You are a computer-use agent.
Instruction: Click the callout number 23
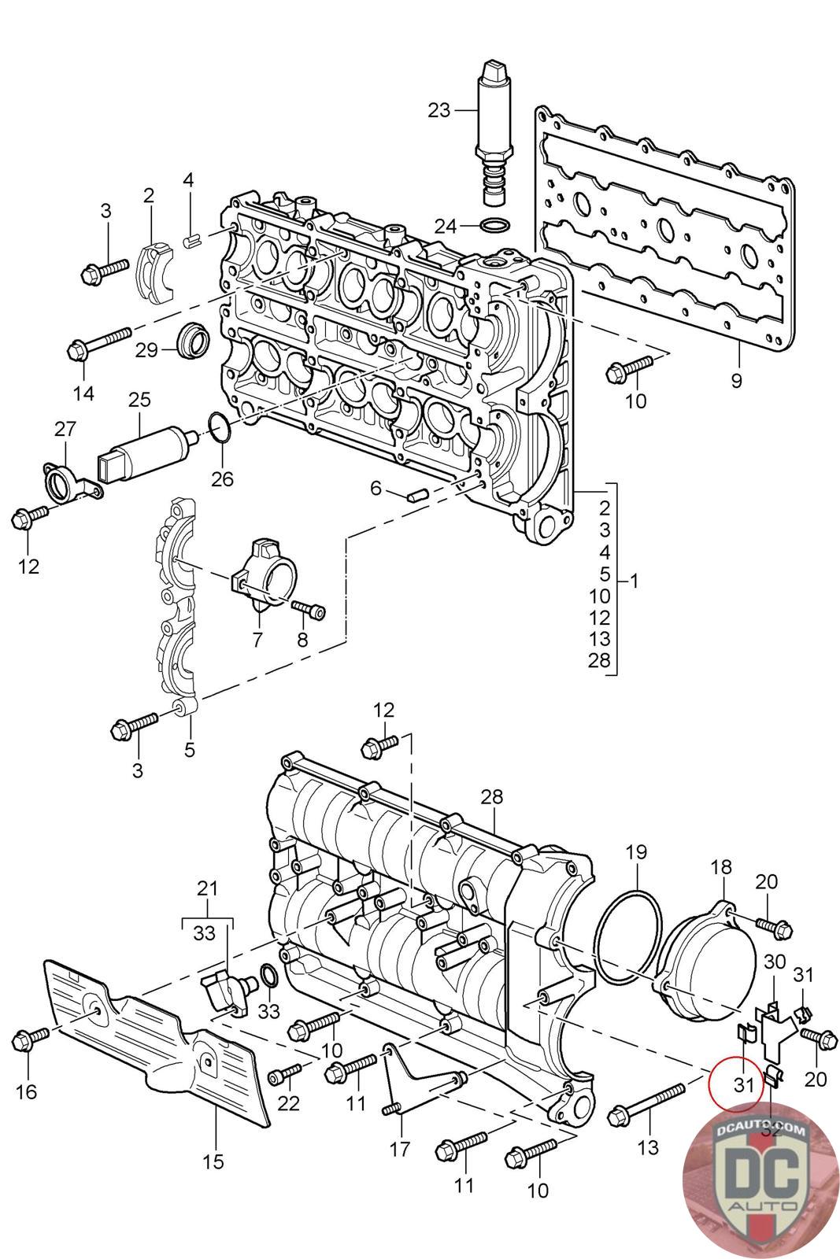coord(439,110)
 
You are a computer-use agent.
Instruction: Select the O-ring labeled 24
coord(494,227)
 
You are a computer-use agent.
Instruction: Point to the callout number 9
coord(736,382)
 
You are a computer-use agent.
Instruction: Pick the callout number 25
coord(139,400)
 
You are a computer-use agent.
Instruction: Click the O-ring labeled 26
coord(220,427)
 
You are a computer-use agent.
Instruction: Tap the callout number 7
coord(257,640)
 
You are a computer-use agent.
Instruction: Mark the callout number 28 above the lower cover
coord(492,798)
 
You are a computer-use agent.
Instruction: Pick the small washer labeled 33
coord(267,977)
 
